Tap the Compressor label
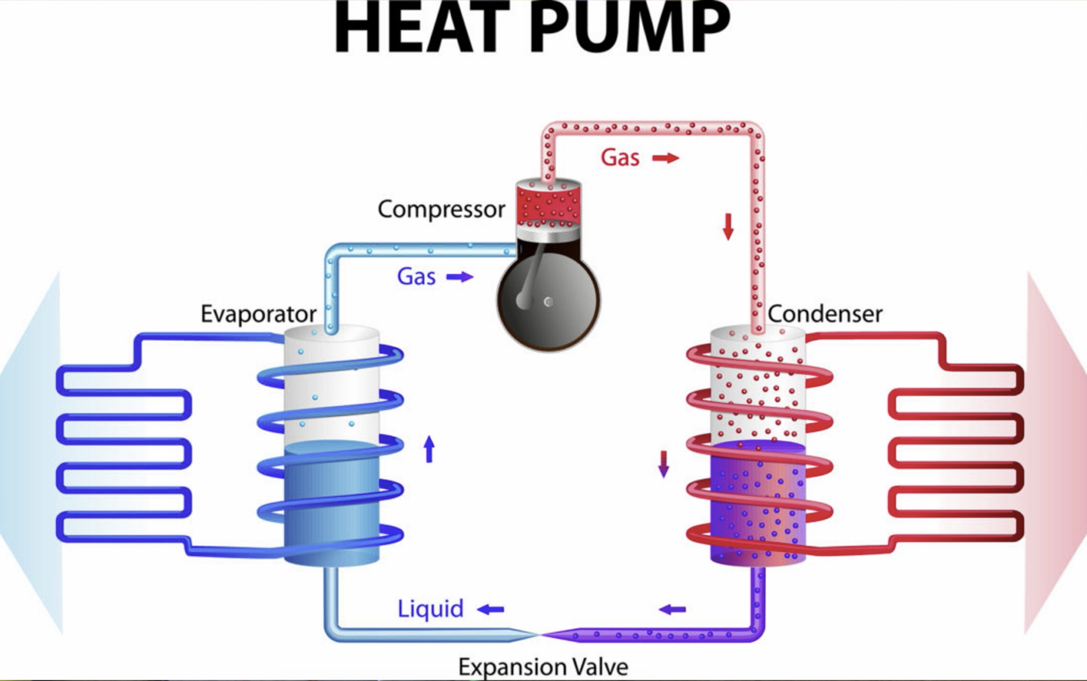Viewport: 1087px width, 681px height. point(441,209)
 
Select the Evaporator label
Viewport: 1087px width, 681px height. point(258,314)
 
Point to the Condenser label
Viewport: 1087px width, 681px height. point(825,314)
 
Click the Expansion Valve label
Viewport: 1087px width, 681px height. point(543,666)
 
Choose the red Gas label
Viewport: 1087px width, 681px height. point(620,158)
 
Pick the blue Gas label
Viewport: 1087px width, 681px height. point(416,276)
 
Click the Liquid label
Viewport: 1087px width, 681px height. point(430,609)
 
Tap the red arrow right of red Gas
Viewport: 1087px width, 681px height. point(666,158)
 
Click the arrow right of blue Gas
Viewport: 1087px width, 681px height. point(460,276)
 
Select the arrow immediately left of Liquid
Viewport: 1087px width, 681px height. point(491,609)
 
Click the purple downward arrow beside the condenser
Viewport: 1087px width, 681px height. point(663,464)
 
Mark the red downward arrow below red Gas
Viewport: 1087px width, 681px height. point(728,226)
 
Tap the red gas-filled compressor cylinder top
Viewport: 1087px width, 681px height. point(548,202)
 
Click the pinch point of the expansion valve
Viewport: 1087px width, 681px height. point(539,634)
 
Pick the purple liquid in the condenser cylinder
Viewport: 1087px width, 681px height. point(757,504)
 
